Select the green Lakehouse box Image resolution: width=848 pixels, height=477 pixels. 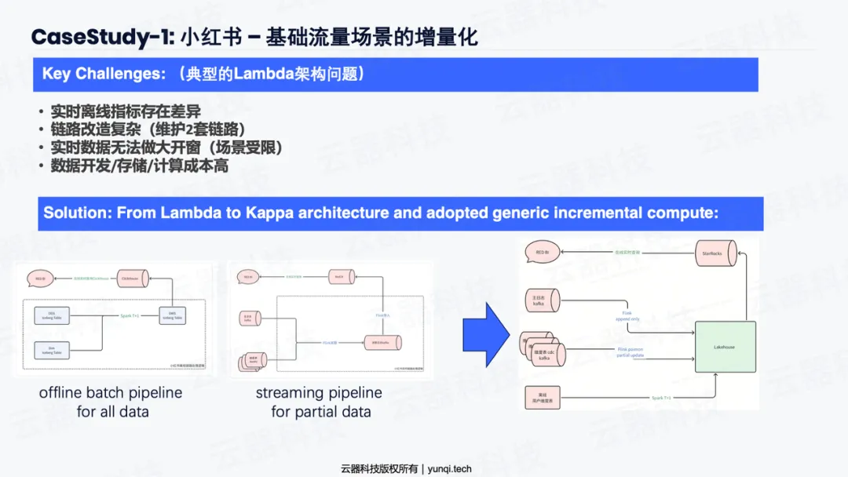pos(725,347)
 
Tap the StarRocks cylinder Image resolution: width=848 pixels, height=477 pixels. pos(713,253)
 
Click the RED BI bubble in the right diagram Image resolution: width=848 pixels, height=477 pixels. pos(542,253)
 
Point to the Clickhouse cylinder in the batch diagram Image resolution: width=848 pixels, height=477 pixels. pos(132,279)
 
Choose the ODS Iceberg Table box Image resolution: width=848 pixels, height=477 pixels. pos(52,315)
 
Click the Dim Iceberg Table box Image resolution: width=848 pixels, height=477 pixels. pos(52,348)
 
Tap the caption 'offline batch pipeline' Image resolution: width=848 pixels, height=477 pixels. pos(111,393)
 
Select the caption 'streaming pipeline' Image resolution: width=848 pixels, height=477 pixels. pos(319,393)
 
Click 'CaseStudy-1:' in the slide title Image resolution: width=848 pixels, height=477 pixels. pos(100,37)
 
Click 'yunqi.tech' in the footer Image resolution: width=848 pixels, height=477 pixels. pos(450,468)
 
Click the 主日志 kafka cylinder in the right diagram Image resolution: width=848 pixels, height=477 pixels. pos(542,301)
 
